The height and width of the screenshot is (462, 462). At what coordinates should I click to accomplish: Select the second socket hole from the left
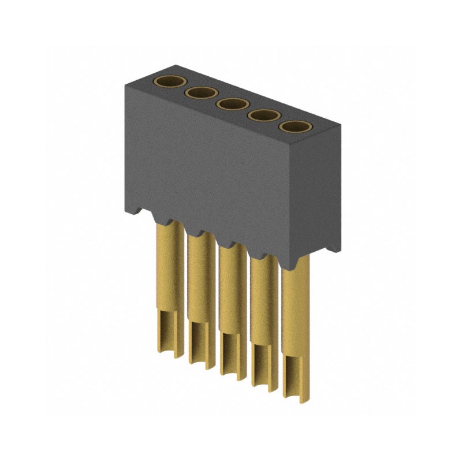[x=200, y=93]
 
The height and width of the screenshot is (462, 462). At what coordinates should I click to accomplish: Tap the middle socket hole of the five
[x=232, y=104]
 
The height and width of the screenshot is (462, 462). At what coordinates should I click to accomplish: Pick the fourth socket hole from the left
[x=263, y=115]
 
